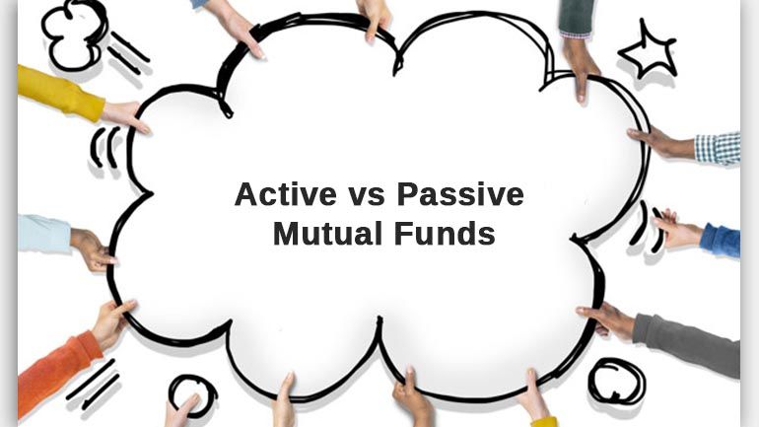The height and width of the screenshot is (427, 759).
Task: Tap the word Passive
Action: tap(460, 194)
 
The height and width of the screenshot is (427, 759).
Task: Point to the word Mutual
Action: tap(327, 234)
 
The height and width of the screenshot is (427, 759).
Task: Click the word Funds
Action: tap(445, 234)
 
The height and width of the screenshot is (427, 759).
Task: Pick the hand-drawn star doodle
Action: tap(648, 51)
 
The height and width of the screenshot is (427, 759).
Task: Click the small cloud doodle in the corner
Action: tap(74, 35)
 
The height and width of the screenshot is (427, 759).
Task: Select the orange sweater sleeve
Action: tap(57, 373)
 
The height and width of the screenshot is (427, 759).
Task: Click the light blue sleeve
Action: tap(43, 235)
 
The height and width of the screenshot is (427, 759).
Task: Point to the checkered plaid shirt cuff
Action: tap(718, 148)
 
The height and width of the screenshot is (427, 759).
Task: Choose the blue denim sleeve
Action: tap(721, 241)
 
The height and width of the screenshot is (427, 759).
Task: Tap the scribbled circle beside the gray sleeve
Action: tap(617, 381)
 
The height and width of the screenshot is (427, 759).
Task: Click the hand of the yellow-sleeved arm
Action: tap(125, 116)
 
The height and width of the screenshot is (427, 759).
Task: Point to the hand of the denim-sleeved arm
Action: tap(678, 229)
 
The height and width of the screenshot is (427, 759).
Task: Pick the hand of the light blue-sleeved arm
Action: tap(93, 249)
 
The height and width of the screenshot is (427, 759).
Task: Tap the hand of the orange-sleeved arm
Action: tap(112, 321)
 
